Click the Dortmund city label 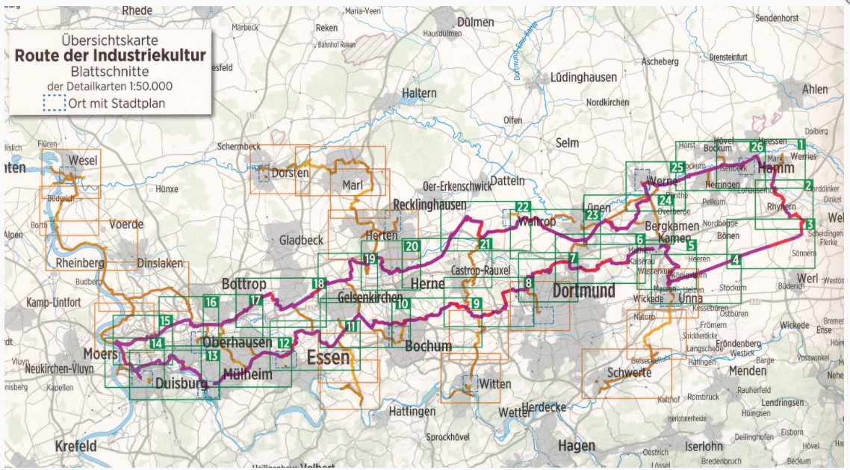coord(584,290)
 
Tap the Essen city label coord(328,357)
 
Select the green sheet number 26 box coord(757,148)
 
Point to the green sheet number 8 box coord(528,282)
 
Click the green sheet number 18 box coord(319,283)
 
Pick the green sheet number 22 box coord(523,207)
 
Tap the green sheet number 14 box coord(156,344)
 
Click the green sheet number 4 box coord(736,260)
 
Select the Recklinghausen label coord(429,205)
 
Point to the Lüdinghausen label coord(583,77)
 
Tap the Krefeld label coord(75,446)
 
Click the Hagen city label coord(576,446)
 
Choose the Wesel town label coord(82,160)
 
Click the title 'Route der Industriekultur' coord(110,56)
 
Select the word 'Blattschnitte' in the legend coord(110,72)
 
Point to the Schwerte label coord(629,373)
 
